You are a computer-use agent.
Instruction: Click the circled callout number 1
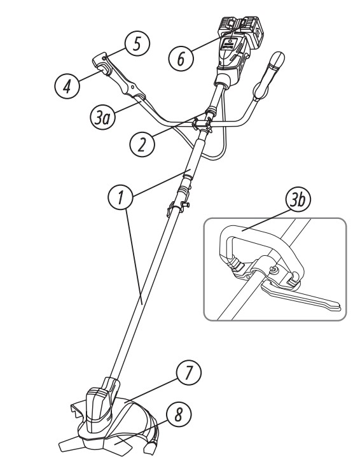[x=121, y=197]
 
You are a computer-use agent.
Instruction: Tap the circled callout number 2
[x=142, y=144]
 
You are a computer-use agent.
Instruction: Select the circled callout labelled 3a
[x=102, y=118]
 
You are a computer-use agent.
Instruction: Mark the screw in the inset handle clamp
[x=273, y=271]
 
